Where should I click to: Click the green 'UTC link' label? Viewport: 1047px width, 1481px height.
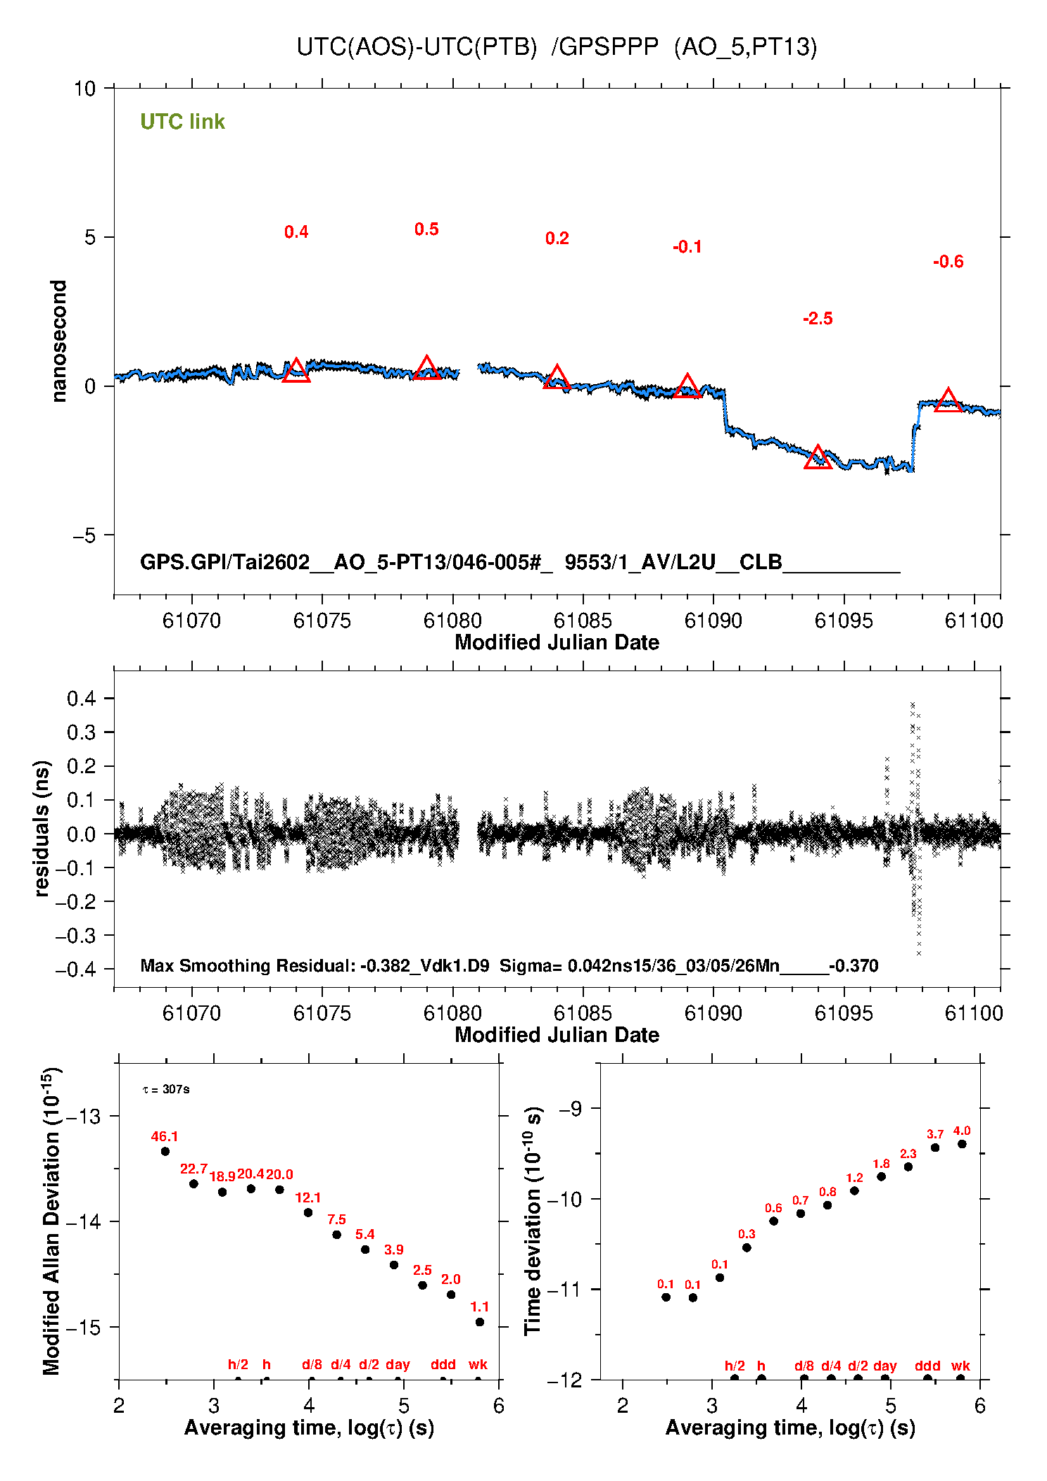pyautogui.click(x=182, y=122)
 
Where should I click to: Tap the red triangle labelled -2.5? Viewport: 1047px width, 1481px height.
pyautogui.click(x=817, y=458)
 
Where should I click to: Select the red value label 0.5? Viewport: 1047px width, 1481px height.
pyautogui.click(x=426, y=229)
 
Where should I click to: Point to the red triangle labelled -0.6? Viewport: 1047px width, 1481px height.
pyautogui.click(x=948, y=401)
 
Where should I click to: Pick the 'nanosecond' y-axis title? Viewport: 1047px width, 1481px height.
pyautogui.click(x=58, y=341)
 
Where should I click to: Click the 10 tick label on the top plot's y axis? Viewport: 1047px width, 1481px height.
pyautogui.click(x=84, y=89)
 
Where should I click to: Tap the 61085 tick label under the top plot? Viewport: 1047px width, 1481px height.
pyautogui.click(x=583, y=621)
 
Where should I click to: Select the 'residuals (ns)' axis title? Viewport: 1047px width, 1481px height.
pyautogui.click(x=42, y=828)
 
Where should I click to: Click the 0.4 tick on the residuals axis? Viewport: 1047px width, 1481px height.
pyautogui.click(x=81, y=699)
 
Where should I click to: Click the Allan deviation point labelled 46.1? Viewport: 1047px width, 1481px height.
pyautogui.click(x=165, y=1151)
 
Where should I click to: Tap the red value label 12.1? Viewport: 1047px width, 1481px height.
pyautogui.click(x=307, y=1197)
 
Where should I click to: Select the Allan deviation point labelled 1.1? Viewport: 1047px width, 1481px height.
pyautogui.click(x=480, y=1321)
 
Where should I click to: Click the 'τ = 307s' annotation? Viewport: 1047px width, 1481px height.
pyautogui.click(x=166, y=1089)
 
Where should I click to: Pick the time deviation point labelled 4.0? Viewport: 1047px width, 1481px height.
pyautogui.click(x=962, y=1144)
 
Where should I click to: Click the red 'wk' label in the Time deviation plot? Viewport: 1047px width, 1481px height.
pyautogui.click(x=960, y=1366)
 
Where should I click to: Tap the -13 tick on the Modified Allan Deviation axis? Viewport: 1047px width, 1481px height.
pyautogui.click(x=83, y=1116)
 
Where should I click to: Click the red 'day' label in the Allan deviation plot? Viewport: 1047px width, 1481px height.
pyautogui.click(x=398, y=1364)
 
